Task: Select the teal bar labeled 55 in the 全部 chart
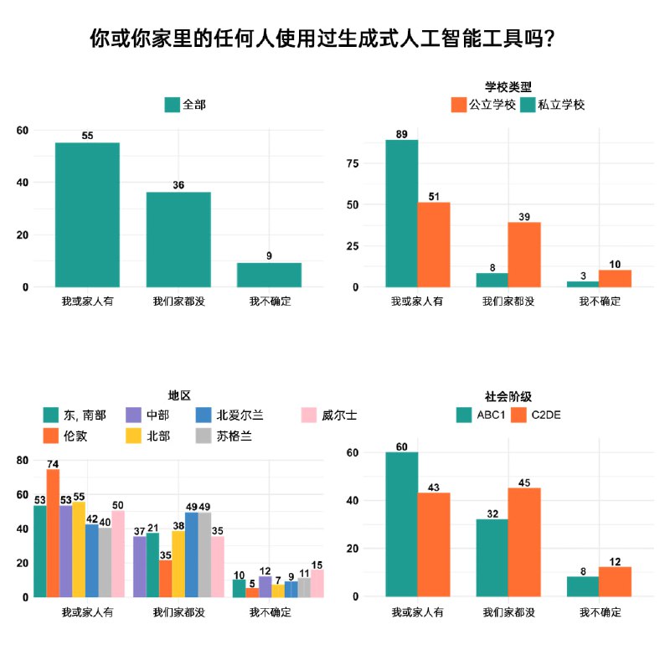[x=87, y=214]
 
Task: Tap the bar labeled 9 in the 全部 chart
[x=269, y=275]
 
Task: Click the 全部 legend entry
[x=185, y=105]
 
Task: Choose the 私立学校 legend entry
[x=553, y=105]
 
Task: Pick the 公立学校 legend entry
[x=483, y=105]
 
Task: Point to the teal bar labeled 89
[x=402, y=213]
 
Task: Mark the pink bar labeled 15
[x=317, y=583]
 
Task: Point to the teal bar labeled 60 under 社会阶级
[x=402, y=524]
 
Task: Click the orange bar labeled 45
[x=523, y=542]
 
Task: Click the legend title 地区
[x=180, y=395]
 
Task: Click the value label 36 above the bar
[x=178, y=185]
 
